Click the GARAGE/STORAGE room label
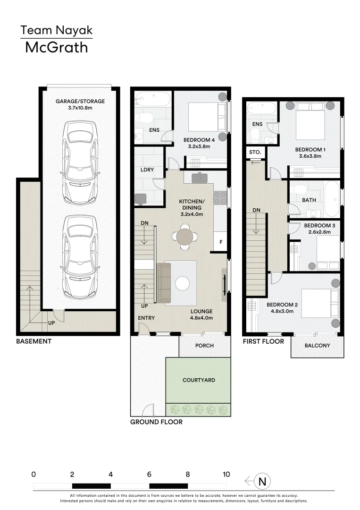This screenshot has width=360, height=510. coord(80,101)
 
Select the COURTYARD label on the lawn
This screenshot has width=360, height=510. coord(199,380)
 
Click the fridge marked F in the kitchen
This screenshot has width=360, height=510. coord(221,242)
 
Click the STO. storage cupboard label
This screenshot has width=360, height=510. coord(255,152)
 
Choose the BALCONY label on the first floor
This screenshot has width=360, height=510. coord(317,345)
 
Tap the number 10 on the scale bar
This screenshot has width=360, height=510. coord(226,474)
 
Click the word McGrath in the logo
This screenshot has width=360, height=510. coord(57,48)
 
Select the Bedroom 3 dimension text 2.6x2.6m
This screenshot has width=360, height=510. coord(320,232)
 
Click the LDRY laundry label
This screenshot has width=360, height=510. coord(147,170)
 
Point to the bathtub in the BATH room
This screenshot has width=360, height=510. coord(332,199)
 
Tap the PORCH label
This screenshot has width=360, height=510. coord(204,345)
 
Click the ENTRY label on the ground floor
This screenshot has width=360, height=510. coord(146,318)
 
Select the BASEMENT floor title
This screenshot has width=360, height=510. coord(34,341)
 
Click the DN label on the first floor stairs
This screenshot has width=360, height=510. coord(257,210)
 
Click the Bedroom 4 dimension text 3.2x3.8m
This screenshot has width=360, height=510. coord(199,146)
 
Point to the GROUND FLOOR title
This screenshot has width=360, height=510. coord(156,422)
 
